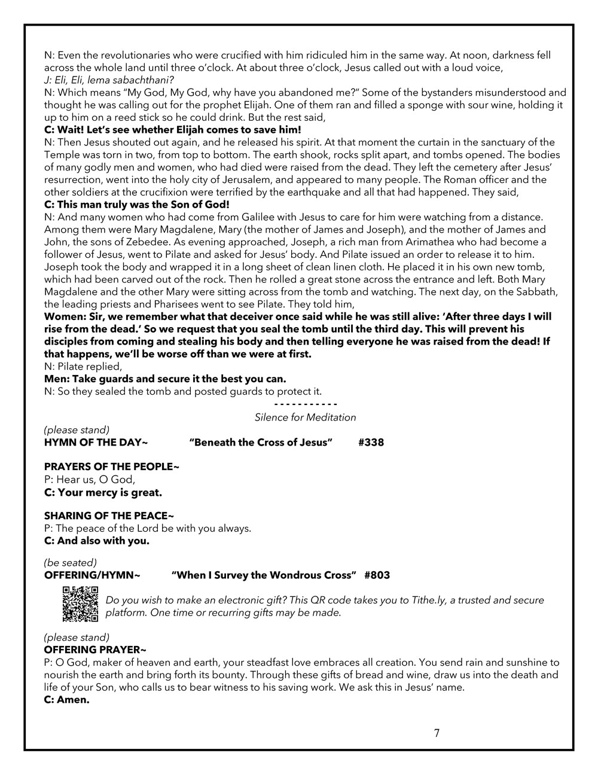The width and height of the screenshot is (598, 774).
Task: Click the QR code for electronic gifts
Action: pyautogui.click(x=80, y=604)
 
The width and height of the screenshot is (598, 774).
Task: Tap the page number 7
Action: pyautogui.click(x=437, y=733)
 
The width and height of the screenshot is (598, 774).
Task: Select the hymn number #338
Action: pyautogui.click(x=371, y=443)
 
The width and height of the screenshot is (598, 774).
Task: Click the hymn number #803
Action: pyautogui.click(x=377, y=575)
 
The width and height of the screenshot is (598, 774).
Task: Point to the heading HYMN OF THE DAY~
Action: pyautogui.click(x=96, y=443)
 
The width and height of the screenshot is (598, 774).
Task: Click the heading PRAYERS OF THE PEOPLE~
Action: pyautogui.click(x=111, y=467)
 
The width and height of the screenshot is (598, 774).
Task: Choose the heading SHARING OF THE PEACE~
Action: pyautogui.click(x=109, y=516)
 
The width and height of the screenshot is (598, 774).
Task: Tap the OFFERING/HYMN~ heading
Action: pyautogui.click(x=92, y=575)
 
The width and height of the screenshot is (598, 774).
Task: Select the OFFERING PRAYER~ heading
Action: pyautogui.click(x=95, y=650)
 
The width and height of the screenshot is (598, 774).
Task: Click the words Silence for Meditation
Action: pyautogui.click(x=305, y=418)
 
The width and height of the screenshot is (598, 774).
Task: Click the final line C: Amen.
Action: pyautogui.click(x=66, y=700)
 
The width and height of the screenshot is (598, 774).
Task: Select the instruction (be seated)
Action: pyautogui.click(x=70, y=563)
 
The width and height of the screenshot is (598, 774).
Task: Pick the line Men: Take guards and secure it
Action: pyautogui.click(x=165, y=379)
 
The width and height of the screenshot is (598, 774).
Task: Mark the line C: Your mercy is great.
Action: pyautogui.click(x=103, y=493)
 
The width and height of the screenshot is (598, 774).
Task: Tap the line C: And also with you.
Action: pyautogui.click(x=96, y=541)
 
